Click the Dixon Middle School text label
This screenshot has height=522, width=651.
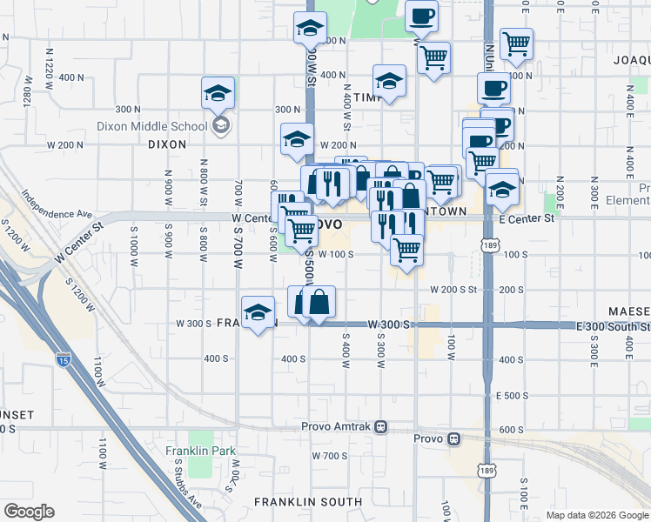coord(165,126)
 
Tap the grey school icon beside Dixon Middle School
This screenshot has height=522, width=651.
coord(221,126)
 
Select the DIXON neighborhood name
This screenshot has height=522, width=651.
coord(168,144)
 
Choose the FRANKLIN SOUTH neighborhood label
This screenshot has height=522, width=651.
coord(308,502)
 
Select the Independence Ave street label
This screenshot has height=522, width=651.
coord(57,205)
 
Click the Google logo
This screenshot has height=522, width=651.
coord(29,512)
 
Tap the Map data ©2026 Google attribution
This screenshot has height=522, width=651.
coord(596,516)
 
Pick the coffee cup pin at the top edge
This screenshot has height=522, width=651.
coord(421,16)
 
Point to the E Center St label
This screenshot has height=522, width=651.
coord(527,218)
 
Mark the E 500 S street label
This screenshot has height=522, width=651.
coord(512,396)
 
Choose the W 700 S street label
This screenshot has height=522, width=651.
coord(328,456)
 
